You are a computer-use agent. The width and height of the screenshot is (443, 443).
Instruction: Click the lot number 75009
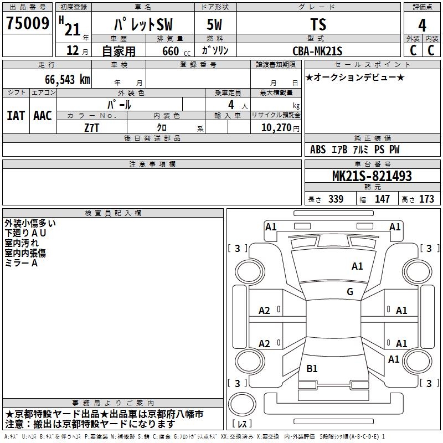pyautogui.click(x=27, y=24)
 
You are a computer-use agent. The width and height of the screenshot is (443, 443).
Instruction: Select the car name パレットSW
pyautogui.click(x=142, y=24)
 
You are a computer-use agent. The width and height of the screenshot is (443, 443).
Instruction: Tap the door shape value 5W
pyautogui.click(x=215, y=24)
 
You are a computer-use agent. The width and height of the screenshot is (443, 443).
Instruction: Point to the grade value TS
pyautogui.click(x=318, y=24)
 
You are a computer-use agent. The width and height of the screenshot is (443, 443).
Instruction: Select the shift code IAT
pyautogui.click(x=16, y=116)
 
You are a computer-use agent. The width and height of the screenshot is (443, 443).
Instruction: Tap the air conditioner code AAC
pyautogui.click(x=42, y=116)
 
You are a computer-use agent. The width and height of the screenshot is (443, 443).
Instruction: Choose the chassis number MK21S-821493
pyautogui.click(x=372, y=176)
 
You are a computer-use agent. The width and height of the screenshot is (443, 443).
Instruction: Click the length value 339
pyautogui.click(x=336, y=199)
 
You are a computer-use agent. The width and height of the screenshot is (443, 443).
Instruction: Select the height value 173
pyautogui.click(x=426, y=199)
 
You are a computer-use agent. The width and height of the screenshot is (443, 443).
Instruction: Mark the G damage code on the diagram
pyautogui.click(x=349, y=292)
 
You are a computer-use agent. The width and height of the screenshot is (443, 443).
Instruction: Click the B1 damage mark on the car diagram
pyautogui.click(x=312, y=369)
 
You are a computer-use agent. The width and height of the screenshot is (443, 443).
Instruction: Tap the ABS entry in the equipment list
pyautogui.click(x=318, y=150)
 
